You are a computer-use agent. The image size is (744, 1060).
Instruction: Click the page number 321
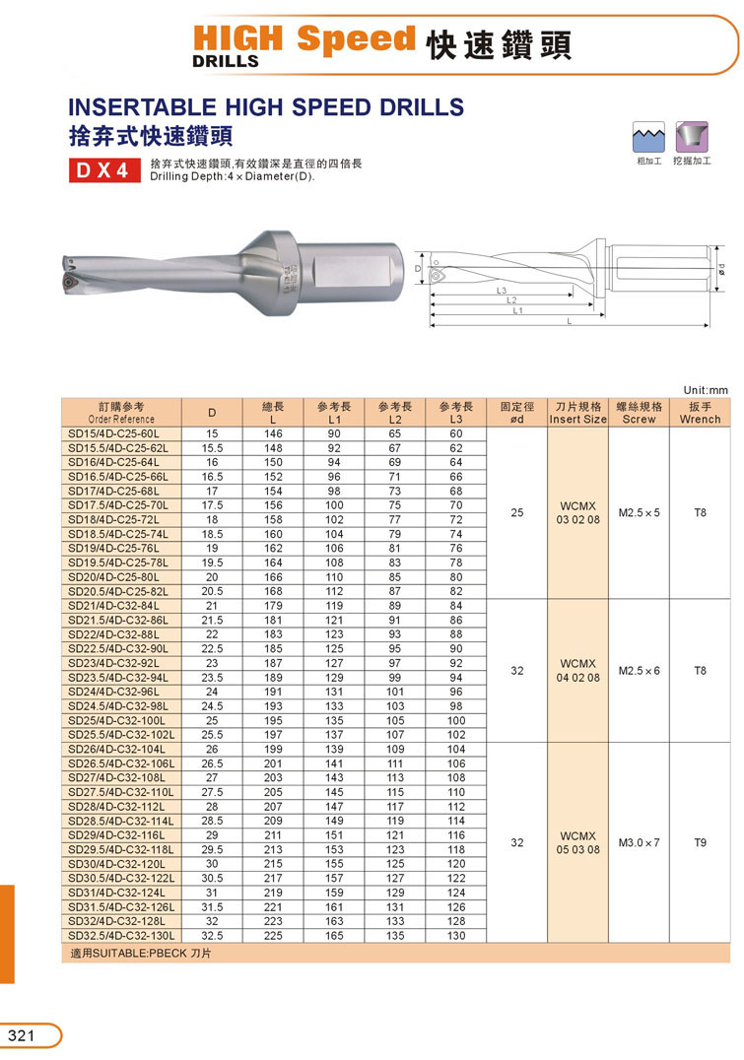click(x=22, y=1035)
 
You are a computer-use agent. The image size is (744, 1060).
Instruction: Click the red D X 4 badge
click(x=102, y=170)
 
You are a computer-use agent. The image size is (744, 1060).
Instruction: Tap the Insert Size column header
click(x=578, y=413)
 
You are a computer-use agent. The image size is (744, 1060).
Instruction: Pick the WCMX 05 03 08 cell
click(x=578, y=843)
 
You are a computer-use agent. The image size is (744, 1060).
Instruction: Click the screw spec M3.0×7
click(x=640, y=843)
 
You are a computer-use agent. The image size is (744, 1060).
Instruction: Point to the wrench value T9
click(x=701, y=843)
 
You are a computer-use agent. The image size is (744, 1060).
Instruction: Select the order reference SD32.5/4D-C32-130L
click(x=121, y=936)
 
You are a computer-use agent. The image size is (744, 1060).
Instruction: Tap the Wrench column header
click(x=701, y=413)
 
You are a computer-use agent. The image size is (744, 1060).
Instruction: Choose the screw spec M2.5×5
click(x=640, y=513)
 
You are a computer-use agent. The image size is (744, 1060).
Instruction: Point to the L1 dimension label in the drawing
click(x=517, y=310)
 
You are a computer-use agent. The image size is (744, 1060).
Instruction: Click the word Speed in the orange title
click(x=357, y=39)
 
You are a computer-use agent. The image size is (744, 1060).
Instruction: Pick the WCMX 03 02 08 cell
click(x=578, y=513)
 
